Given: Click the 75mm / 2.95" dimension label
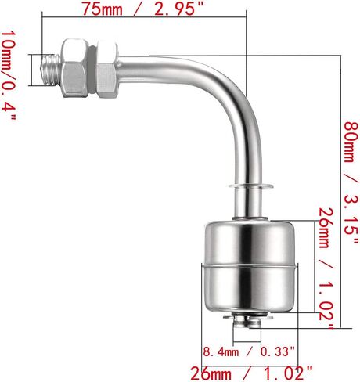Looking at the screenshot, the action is (142, 9).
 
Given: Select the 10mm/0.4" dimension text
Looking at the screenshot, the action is (9, 75).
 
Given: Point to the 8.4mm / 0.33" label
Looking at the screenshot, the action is (249, 352).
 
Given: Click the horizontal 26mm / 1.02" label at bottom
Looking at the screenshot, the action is (251, 373).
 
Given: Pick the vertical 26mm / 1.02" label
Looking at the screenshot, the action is (326, 268).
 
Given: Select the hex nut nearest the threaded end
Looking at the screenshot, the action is (75, 68).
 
